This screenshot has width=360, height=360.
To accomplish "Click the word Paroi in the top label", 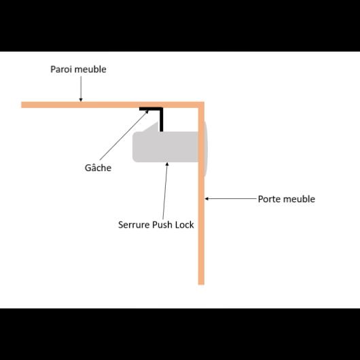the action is pyautogui.click(x=62, y=69).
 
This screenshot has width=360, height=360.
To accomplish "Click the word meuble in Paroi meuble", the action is pyautogui.click(x=90, y=69).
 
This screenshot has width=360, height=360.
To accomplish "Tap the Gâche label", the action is pyautogui.click(x=98, y=167).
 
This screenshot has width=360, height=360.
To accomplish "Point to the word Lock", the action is pyautogui.click(x=184, y=225).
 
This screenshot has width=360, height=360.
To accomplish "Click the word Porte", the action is pyautogui.click(x=269, y=199).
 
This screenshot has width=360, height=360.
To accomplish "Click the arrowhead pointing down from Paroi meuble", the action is pyautogui.click(x=81, y=100).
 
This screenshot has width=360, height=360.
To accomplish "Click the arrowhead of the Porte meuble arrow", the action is pyautogui.click(x=206, y=198).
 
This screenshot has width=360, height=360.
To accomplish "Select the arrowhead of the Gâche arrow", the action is pyautogui.click(x=147, y=111).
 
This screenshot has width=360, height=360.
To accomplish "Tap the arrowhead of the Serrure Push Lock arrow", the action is pyautogui.click(x=167, y=164).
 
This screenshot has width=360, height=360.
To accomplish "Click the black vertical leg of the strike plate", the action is pyautogui.click(x=162, y=120).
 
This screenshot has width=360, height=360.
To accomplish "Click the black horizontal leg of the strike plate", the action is pyautogui.click(x=151, y=109).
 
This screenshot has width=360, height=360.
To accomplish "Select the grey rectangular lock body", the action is pyautogui.click(x=165, y=147).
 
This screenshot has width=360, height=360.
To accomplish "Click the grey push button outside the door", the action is pyautogui.click(x=206, y=149).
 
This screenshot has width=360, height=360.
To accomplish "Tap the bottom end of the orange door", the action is pyautogui.click(x=201, y=285).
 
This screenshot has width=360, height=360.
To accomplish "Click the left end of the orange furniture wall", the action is pyautogui.click(x=22, y=105).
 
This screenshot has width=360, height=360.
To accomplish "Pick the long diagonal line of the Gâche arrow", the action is pyautogui.click(x=124, y=135).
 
